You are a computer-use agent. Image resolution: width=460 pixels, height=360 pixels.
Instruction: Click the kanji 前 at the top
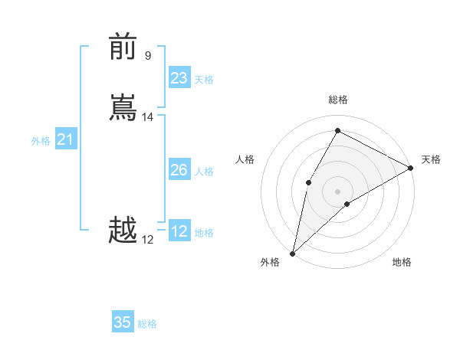[123, 46]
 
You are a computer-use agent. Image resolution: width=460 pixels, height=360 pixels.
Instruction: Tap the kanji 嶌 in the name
[123, 108]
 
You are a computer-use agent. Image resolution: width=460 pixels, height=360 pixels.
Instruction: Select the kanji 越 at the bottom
[123, 231]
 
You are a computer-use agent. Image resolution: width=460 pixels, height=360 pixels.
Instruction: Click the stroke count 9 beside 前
[148, 55]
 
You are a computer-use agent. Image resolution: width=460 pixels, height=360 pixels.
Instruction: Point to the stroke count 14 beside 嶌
[148, 117]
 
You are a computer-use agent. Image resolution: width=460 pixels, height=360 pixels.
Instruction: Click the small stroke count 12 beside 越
[148, 240]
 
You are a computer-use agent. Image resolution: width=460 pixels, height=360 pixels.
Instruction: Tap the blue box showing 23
[179, 78]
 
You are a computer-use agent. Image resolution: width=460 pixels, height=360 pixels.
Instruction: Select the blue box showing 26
[179, 170]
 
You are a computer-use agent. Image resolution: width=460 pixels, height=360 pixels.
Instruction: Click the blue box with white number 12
[179, 231]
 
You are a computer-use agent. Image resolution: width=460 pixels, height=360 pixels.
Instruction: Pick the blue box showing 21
[65, 139]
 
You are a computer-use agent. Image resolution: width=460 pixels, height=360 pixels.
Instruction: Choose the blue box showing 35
[123, 322]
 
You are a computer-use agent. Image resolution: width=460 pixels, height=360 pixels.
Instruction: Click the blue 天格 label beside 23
[204, 80]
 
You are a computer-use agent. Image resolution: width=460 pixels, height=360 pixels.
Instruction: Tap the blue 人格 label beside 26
[204, 172]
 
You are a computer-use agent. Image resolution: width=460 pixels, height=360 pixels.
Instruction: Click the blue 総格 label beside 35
[147, 324]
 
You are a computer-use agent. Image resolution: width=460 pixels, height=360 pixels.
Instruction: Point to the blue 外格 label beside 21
[41, 141]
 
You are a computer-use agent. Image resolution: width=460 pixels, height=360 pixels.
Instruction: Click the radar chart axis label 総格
[337, 100]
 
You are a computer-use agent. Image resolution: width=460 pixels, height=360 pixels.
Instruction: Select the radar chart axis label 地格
[402, 263]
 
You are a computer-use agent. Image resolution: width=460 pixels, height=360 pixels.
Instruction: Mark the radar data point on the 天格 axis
[411, 168]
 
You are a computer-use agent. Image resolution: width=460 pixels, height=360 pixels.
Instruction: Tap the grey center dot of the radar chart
[337, 191]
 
